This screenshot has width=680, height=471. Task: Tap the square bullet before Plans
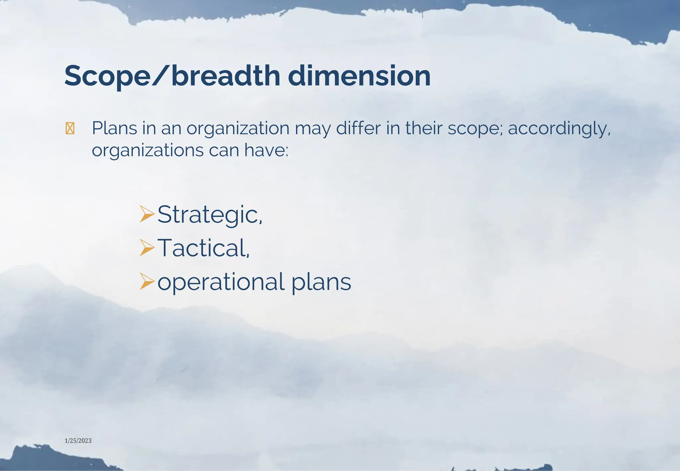point(70,129)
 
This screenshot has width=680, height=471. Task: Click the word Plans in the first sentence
point(115,128)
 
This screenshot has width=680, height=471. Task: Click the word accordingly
point(559,129)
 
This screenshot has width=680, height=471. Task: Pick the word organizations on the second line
point(148,150)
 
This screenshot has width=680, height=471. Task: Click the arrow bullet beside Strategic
point(147,214)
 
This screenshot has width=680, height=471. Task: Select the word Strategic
point(210,215)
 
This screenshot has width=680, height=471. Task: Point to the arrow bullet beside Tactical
point(147,248)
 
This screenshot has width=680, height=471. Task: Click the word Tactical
point(203,248)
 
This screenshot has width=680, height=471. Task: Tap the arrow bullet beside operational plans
point(147,281)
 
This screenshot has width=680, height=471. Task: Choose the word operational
point(221,282)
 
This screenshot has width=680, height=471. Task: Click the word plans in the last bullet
point(321,282)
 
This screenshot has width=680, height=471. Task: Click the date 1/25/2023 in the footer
point(78,441)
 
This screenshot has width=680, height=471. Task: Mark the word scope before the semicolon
point(475,129)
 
